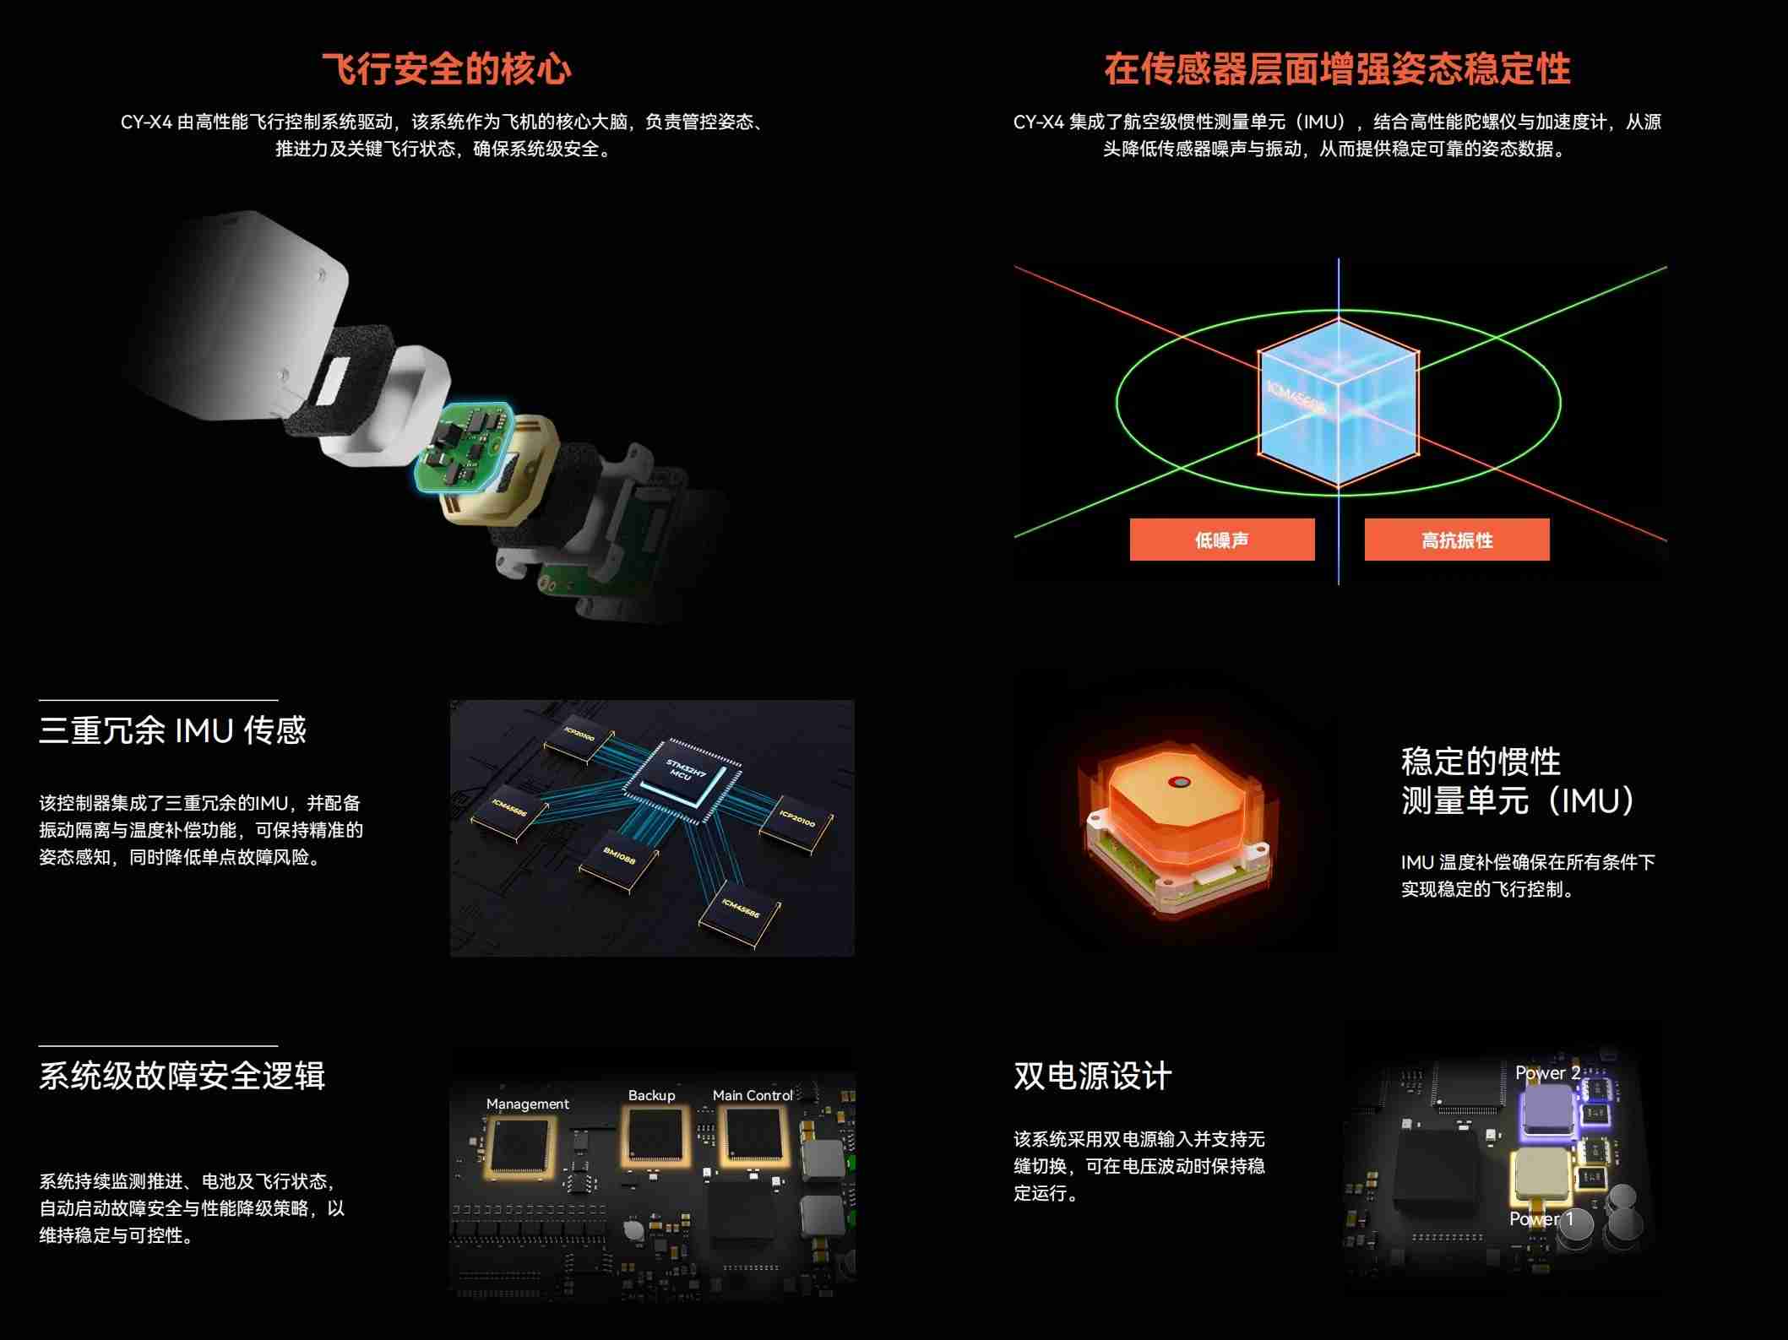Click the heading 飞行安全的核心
(x=447, y=69)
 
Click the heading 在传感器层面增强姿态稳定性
(x=1337, y=69)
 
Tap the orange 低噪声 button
(x=1221, y=540)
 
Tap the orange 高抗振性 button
(x=1456, y=540)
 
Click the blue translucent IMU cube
(x=1338, y=404)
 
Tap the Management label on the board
(x=527, y=1104)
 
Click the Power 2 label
(x=1547, y=1073)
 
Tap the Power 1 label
(x=1541, y=1219)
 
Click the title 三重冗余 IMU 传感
(x=172, y=730)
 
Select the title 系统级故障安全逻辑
(x=182, y=1076)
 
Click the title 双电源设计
(x=1092, y=1076)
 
